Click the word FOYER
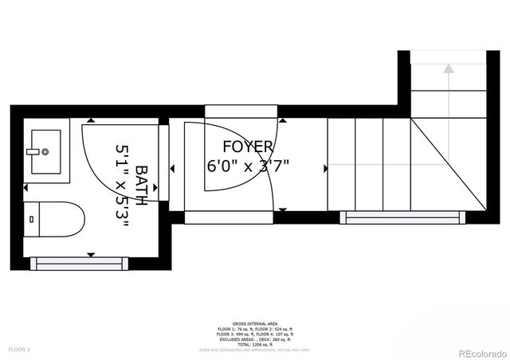tap(248, 147)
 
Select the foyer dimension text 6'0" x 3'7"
tap(248, 166)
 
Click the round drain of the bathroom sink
tap(45, 151)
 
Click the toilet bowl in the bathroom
tap(64, 219)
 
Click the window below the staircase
tap(402, 217)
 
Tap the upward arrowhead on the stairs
tap(449, 68)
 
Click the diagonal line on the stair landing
tap(448, 164)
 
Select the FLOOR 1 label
tap(19, 349)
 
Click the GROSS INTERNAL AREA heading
tap(255, 323)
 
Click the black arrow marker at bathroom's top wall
tap(90, 121)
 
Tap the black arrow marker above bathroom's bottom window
tap(90, 254)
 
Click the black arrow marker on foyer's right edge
tap(325, 169)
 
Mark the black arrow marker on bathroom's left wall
tap(25, 188)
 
